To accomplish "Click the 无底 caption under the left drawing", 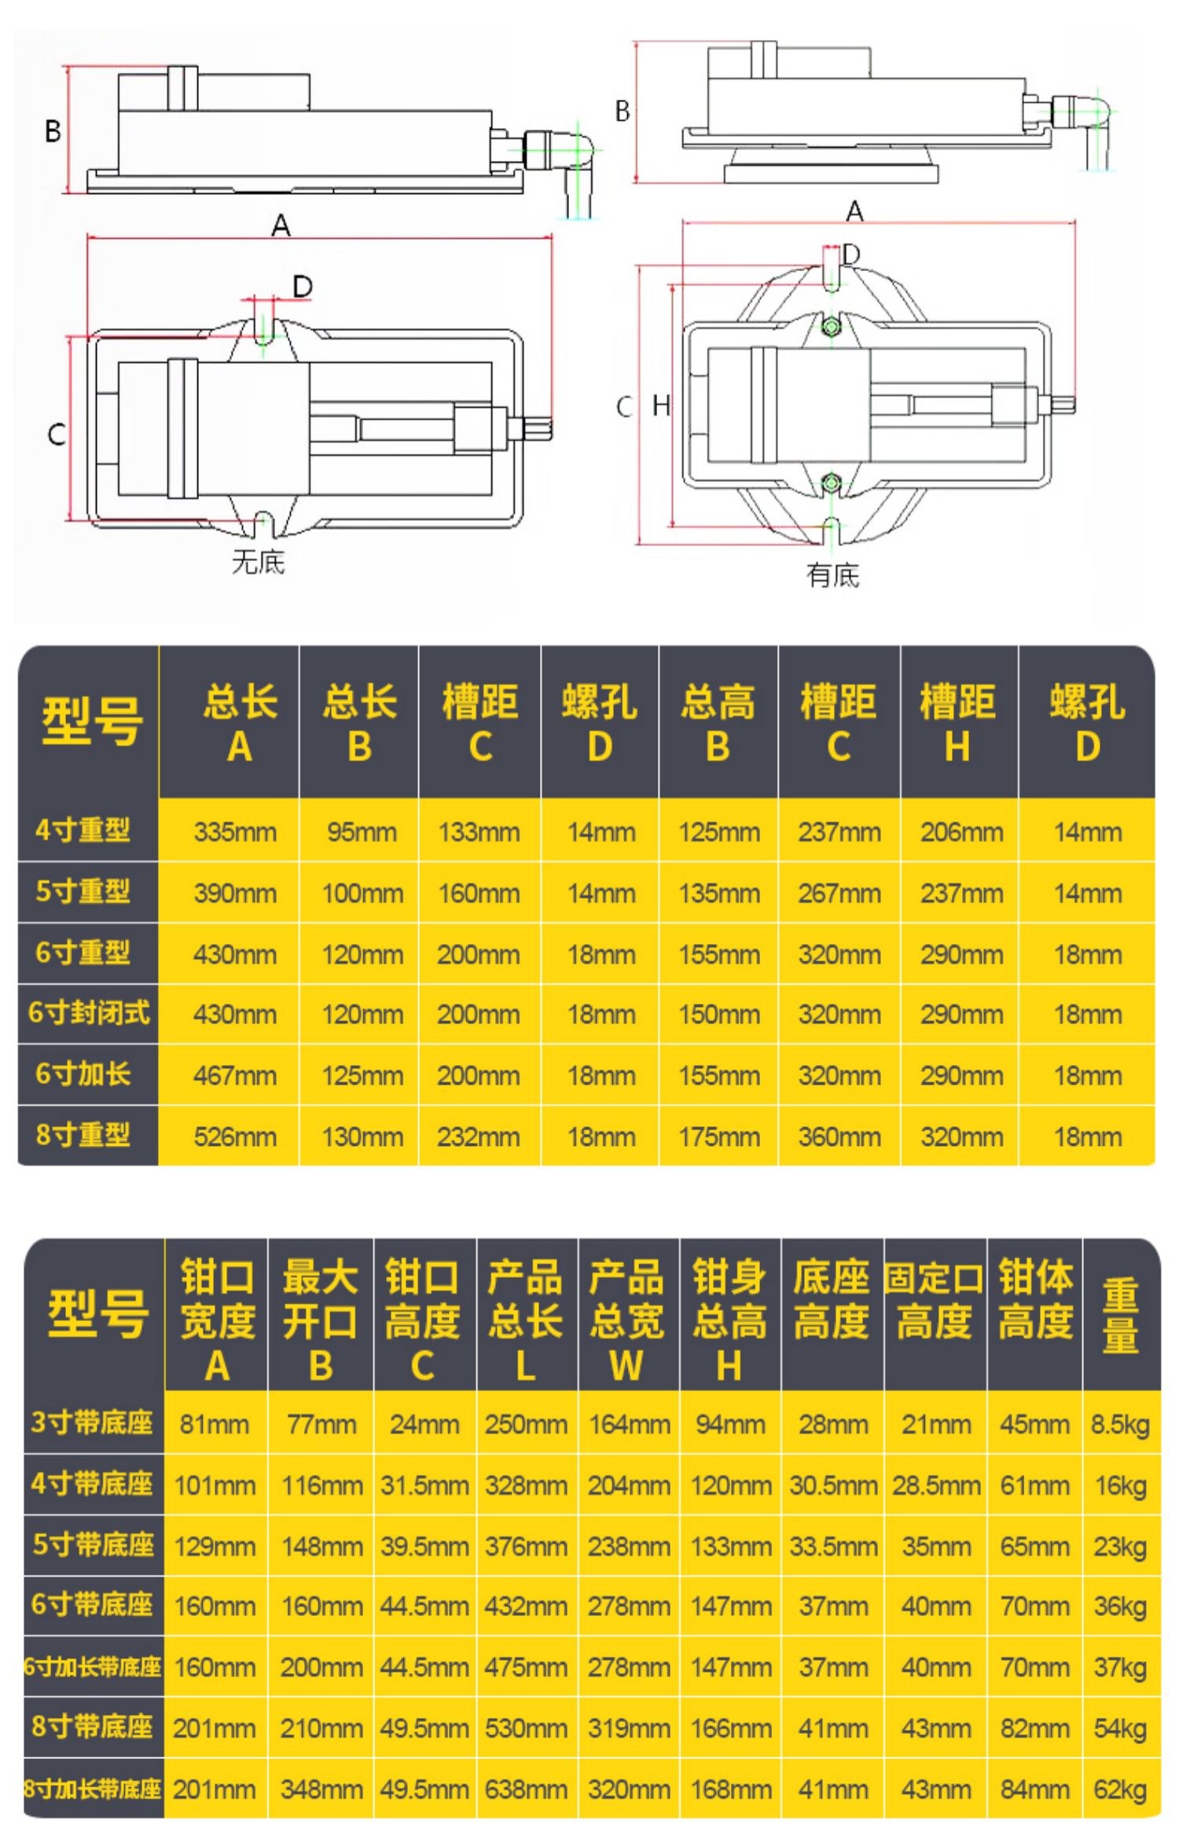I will coord(258,562).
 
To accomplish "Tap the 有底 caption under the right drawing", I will coord(832,575).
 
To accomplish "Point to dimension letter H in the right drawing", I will coord(661,406).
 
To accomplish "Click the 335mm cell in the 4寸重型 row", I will coord(235,832).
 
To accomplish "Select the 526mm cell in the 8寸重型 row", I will coord(235,1136).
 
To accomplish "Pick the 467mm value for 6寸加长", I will coord(235,1075).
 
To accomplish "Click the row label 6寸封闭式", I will coord(89,1013).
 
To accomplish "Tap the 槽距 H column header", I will coord(957,722).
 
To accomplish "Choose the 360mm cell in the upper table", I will coord(839,1136).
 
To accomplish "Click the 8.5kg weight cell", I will coord(1120,1424).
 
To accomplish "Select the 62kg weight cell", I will coord(1120,1790).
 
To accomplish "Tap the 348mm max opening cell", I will coord(321,1790).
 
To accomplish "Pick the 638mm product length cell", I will coord(526,1790).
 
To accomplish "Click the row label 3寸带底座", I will coord(92,1423).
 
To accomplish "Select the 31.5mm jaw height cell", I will coord(424,1485).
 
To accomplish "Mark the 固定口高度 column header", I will coord(935,1301).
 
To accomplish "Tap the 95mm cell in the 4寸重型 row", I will coord(362,832).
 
